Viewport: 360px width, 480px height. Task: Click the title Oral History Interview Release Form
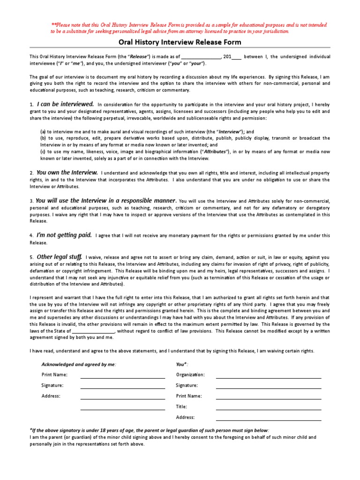coord(180,42)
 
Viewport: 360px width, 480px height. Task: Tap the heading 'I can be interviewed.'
coord(65,104)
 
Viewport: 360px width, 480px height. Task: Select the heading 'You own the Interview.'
coord(67,172)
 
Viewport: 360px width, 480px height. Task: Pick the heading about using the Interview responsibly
coord(106,200)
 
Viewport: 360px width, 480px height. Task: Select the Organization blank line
coord(268,375)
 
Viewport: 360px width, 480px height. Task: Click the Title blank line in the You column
coord(268,407)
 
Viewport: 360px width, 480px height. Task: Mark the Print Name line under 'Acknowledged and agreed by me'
coord(122,375)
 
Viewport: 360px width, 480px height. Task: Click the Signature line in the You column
coord(268,386)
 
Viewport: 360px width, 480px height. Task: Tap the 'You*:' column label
coord(182,364)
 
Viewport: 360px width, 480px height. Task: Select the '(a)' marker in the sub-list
coord(43,132)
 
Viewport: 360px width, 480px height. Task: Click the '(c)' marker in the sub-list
coord(43,151)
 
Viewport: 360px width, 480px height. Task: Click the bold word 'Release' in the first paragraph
coord(138,57)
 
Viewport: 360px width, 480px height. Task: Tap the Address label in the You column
coord(185,417)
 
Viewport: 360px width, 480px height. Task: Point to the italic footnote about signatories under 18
coord(150,430)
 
